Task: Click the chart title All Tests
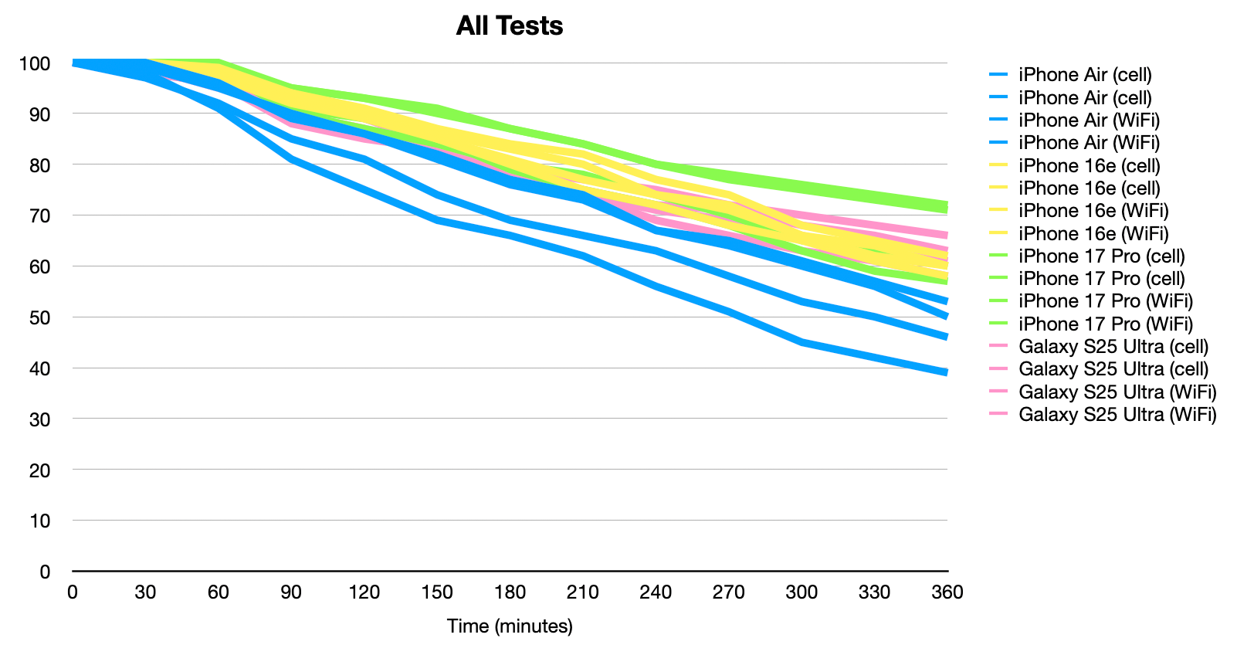pos(509,26)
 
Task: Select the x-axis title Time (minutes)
pos(510,626)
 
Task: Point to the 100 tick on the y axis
pos(35,63)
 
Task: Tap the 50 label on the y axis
pos(39,317)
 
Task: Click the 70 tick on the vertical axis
pos(39,216)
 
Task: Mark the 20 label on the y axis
pos(39,470)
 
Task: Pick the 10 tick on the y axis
pos(39,521)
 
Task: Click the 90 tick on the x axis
pos(291,592)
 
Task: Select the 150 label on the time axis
pos(437,592)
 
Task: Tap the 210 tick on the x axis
pos(583,592)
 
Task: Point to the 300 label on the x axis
pos(802,592)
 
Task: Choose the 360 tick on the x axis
pos(947,592)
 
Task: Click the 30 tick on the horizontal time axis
pos(145,592)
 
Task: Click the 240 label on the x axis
pos(656,592)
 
